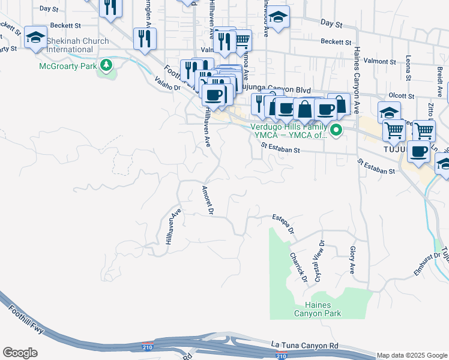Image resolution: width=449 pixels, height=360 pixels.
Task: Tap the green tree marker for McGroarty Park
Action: [x=107, y=65]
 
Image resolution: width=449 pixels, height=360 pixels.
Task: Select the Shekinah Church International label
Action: [x=77, y=45]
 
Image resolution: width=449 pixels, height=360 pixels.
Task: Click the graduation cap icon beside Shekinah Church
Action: [x=35, y=38]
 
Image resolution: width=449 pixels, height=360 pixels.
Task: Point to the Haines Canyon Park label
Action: [x=317, y=309]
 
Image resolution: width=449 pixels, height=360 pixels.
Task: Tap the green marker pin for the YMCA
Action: [x=336, y=130]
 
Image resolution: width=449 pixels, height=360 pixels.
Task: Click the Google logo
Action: [x=20, y=352]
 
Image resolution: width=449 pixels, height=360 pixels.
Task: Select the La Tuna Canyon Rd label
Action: [x=305, y=345]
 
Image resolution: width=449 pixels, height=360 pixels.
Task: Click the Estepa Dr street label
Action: [x=283, y=223]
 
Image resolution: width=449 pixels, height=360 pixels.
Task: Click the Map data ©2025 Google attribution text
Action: [x=412, y=355]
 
